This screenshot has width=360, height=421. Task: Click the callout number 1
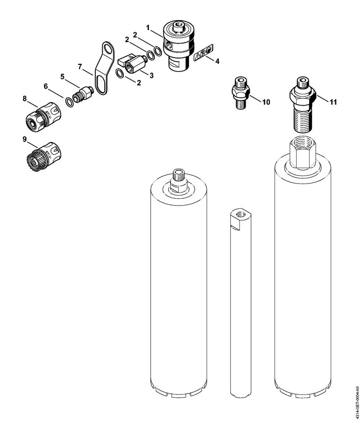click(x=148, y=27)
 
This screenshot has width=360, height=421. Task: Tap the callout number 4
click(x=217, y=61)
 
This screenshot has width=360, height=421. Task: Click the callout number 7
click(x=80, y=67)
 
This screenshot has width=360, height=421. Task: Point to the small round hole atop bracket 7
click(x=108, y=49)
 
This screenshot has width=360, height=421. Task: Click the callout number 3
click(x=152, y=76)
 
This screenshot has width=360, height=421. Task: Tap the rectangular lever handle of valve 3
click(x=125, y=61)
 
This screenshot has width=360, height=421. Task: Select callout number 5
click(x=63, y=77)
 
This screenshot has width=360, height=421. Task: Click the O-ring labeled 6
click(x=69, y=102)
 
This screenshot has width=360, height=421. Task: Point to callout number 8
click(x=25, y=99)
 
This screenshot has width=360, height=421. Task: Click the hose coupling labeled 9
click(x=43, y=157)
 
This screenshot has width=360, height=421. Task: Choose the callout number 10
click(x=266, y=102)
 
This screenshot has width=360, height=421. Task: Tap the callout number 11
click(x=333, y=102)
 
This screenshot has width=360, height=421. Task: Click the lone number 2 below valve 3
click(x=139, y=83)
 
